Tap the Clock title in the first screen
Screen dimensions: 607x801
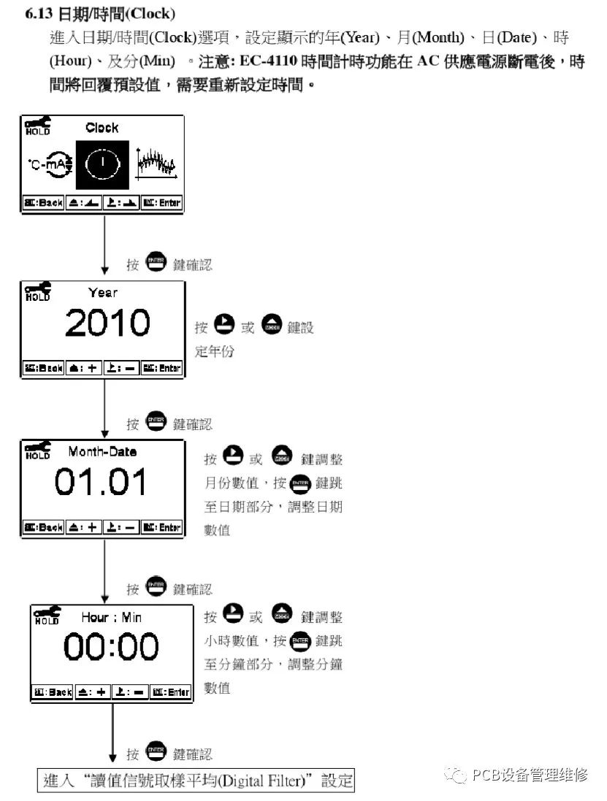pos(102,128)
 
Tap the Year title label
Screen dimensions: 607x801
pos(102,293)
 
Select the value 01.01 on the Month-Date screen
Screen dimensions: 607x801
pos(101,483)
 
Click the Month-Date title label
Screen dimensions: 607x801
pos(102,452)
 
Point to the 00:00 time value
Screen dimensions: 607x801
pos(111,648)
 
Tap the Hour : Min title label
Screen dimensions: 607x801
pos(111,618)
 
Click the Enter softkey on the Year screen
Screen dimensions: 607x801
pos(161,368)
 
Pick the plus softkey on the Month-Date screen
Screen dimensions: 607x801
pos(84,527)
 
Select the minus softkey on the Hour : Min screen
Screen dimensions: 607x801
pos(130,691)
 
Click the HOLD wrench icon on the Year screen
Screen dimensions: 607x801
pos(38,291)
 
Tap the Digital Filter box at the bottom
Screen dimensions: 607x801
pos(196,781)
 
